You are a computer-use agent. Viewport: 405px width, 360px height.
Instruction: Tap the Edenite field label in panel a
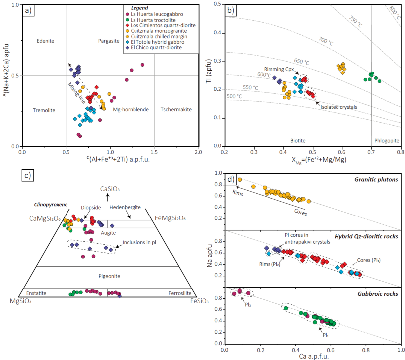pos(45,41)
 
